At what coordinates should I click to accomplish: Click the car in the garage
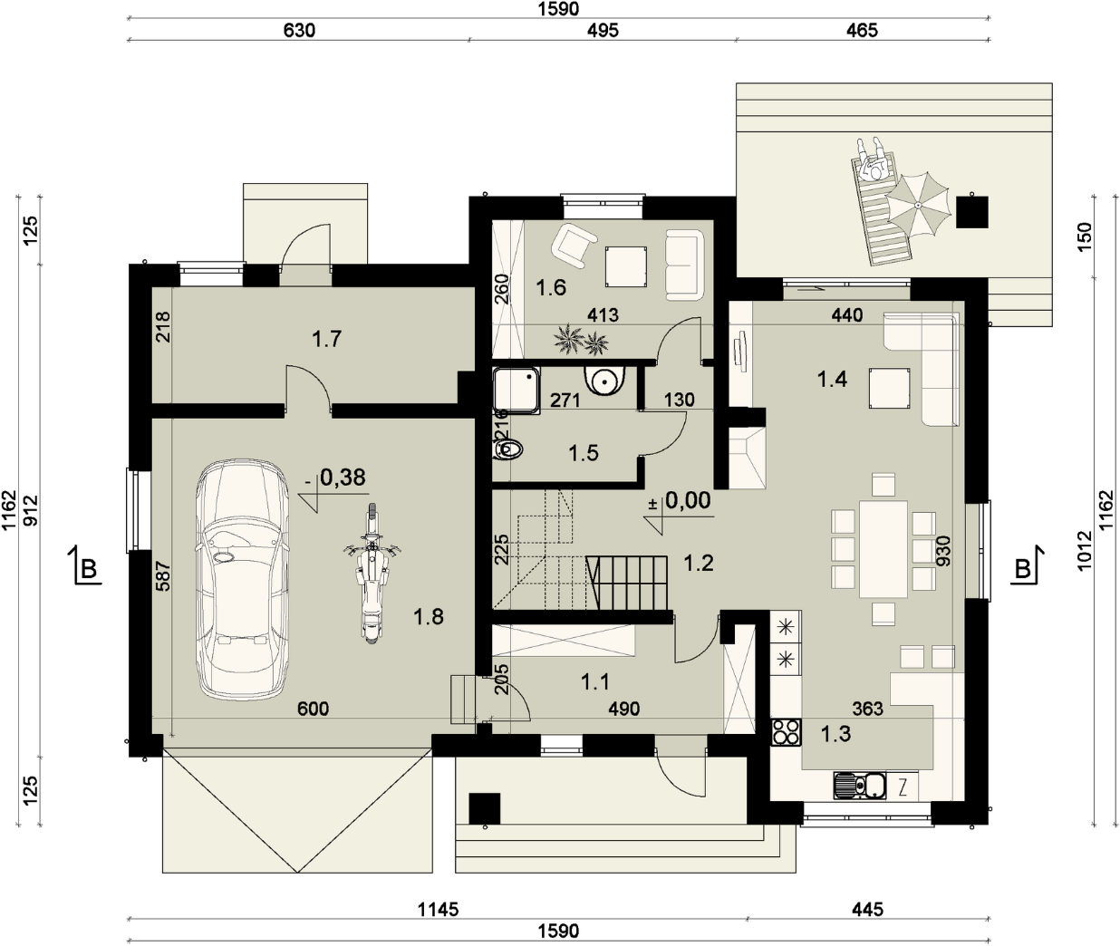click(x=242, y=579)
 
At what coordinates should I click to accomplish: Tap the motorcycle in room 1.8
click(x=372, y=574)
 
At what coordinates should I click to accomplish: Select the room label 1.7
click(x=326, y=339)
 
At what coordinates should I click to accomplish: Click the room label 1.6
click(x=551, y=288)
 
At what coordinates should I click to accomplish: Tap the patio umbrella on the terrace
click(x=917, y=206)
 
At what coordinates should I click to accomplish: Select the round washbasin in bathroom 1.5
click(x=605, y=381)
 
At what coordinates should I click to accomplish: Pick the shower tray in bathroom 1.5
click(x=516, y=391)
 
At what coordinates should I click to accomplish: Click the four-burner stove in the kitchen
click(x=786, y=732)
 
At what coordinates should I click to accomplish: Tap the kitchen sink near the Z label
click(x=860, y=787)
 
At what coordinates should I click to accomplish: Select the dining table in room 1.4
click(x=883, y=549)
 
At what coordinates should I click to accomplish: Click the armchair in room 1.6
click(x=573, y=246)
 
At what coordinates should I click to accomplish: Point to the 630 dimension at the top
click(x=299, y=31)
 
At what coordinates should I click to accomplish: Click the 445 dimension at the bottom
click(x=867, y=910)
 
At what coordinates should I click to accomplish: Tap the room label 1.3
click(x=835, y=734)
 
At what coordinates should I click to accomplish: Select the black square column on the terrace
click(x=972, y=212)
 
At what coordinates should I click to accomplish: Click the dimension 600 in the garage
click(x=313, y=709)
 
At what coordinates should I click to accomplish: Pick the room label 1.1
click(x=594, y=682)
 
